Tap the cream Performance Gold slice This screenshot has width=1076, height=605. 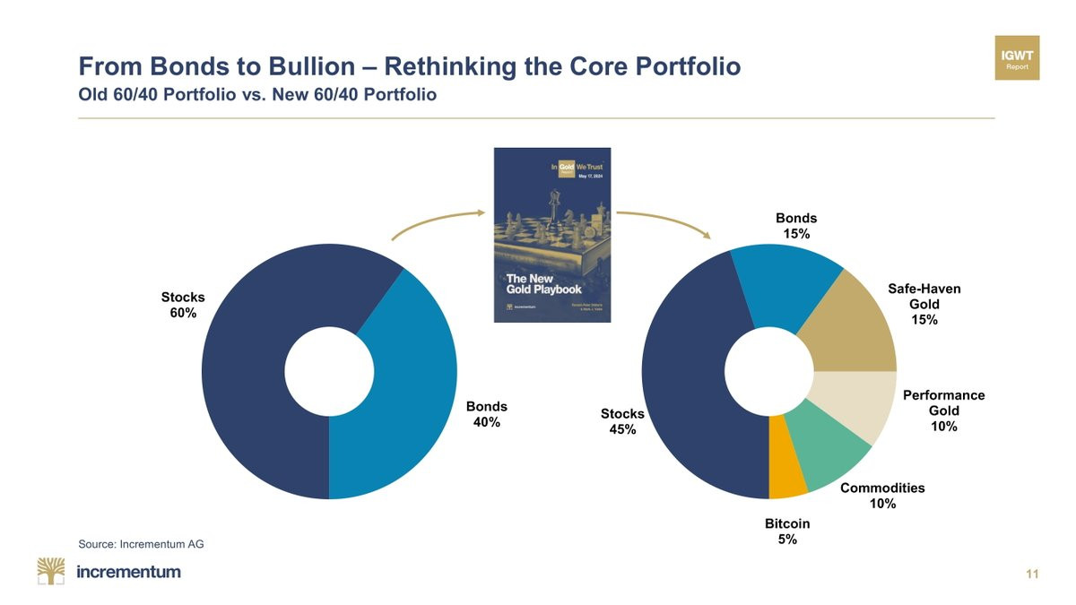point(855,400)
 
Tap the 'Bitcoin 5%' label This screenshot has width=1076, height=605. point(787,532)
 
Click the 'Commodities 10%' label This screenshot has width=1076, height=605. point(882,496)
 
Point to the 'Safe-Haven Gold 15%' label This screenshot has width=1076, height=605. point(924,304)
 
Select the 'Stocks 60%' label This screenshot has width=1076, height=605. point(183,305)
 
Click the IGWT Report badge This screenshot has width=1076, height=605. point(1017,58)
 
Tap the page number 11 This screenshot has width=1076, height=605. point(1032,575)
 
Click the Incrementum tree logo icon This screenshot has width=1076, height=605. point(51,571)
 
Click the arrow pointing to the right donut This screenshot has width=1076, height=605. point(664,221)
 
